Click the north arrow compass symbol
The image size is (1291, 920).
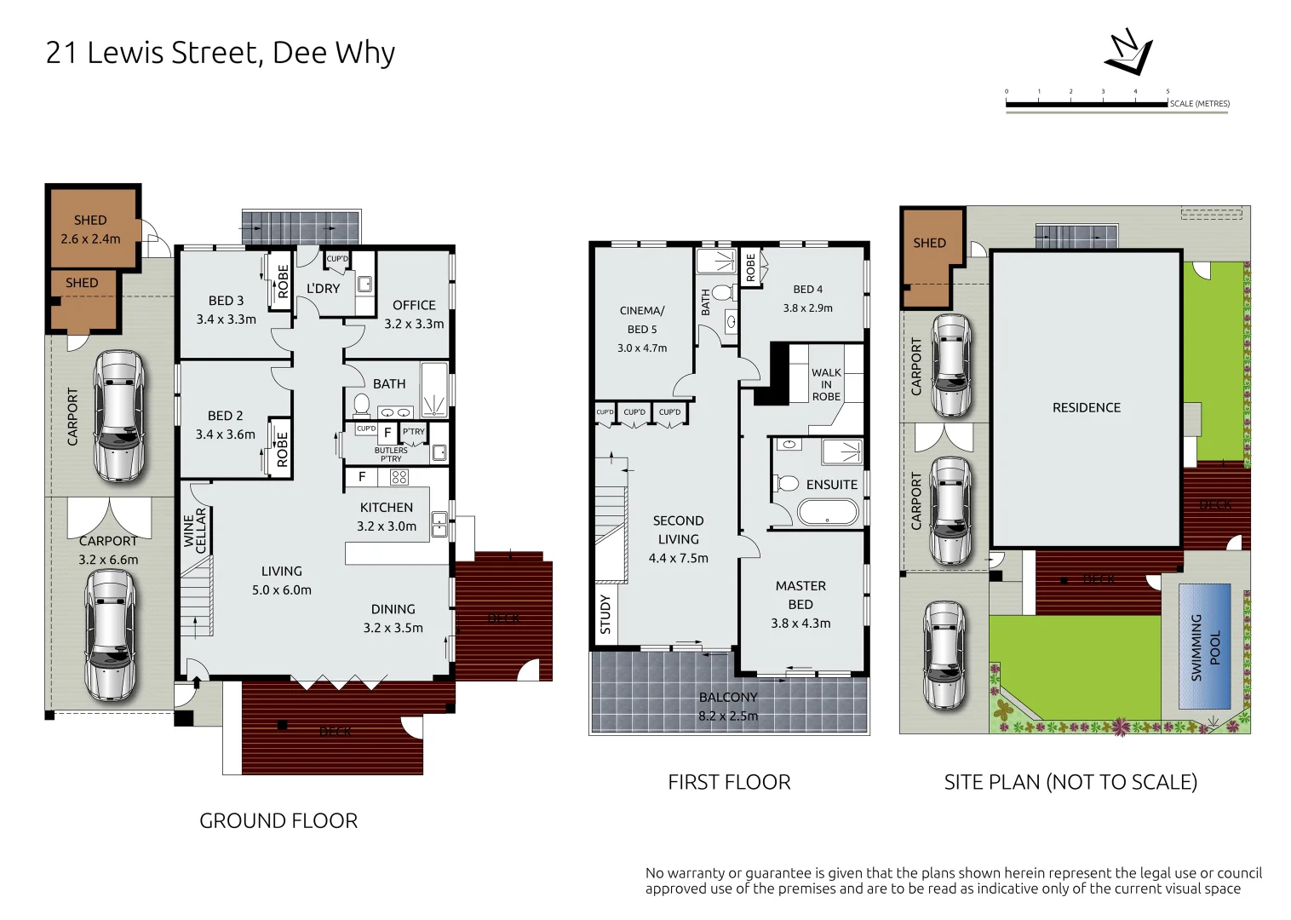[x=1128, y=53]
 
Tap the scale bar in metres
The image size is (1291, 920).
[x=1087, y=104]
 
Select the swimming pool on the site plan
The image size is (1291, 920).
[x=1204, y=647]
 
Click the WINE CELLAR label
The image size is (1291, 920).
[x=195, y=531]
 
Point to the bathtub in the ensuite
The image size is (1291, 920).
[x=828, y=512]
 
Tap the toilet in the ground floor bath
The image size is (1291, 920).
[x=361, y=403]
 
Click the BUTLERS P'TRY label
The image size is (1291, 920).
[x=391, y=455]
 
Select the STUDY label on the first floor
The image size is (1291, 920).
[x=605, y=613]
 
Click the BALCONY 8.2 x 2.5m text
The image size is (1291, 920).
[x=728, y=706]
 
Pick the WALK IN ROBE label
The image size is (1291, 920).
[x=826, y=384]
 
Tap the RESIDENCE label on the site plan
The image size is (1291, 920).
[x=1086, y=408]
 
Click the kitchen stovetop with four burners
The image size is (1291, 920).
[x=399, y=477]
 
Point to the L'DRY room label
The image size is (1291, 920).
[x=323, y=289]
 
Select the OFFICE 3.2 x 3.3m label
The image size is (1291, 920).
[x=414, y=314]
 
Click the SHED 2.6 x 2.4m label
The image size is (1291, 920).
[x=90, y=229]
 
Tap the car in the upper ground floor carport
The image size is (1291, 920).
[x=118, y=416]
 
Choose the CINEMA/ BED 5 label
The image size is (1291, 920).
[x=642, y=320]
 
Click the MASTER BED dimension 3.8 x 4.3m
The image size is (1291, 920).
[x=800, y=624]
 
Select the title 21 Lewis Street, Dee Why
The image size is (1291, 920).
[x=220, y=53]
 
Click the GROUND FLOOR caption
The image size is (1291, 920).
[x=278, y=820]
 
